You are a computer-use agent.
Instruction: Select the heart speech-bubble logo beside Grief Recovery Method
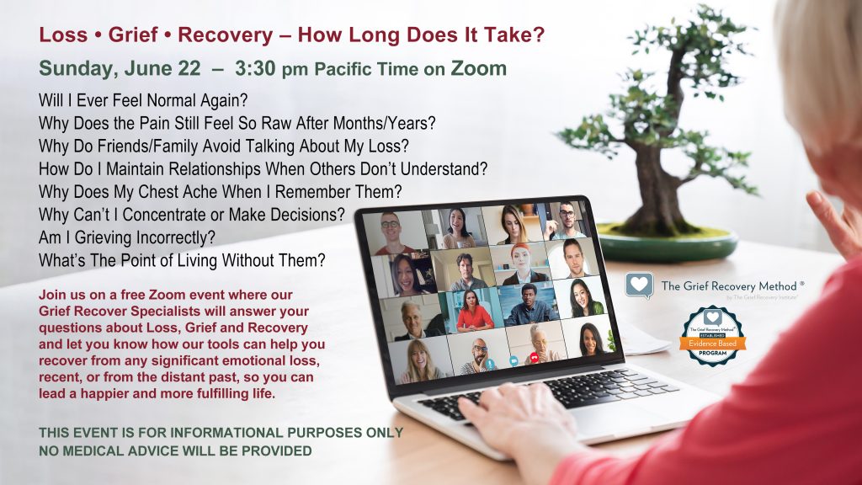click(639, 285)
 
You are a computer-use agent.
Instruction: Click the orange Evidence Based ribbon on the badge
click(712, 343)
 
